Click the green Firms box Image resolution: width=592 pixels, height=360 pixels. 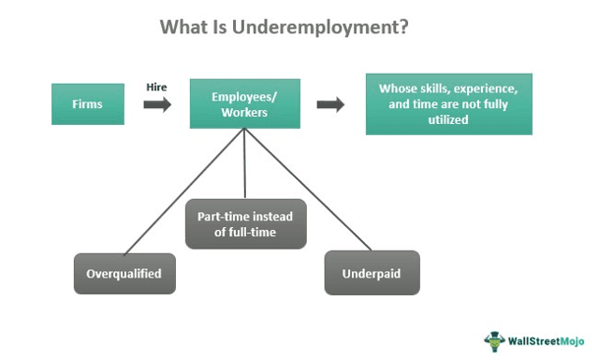coord(88,103)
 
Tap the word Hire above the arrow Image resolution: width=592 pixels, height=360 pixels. coord(156,86)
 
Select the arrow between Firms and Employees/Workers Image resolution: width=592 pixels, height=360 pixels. coord(156,104)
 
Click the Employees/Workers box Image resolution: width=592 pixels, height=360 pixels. coord(244,103)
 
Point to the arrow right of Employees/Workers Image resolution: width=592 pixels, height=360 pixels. coord(330,104)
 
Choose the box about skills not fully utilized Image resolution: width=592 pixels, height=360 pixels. coord(448,103)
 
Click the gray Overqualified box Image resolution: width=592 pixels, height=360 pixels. coord(125,273)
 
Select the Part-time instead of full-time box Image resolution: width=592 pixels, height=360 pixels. coord(245,224)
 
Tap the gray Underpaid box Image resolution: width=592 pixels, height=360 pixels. coord(372,272)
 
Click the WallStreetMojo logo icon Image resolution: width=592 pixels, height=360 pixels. coord(494,341)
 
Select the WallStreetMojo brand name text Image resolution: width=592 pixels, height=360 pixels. coord(544,341)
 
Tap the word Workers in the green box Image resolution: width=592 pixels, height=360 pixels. coord(244,112)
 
